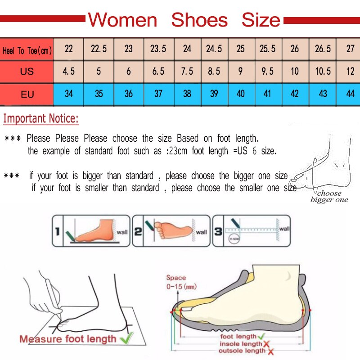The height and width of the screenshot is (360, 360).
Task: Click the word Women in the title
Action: point(122,20)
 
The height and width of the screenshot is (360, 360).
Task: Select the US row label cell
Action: point(27,72)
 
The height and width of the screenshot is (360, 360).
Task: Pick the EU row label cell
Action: point(27,94)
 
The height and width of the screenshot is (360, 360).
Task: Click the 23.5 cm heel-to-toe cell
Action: point(158,49)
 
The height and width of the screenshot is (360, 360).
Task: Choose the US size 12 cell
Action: point(350,72)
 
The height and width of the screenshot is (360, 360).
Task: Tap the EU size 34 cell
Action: point(69,94)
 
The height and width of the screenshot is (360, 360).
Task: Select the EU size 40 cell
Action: point(241,94)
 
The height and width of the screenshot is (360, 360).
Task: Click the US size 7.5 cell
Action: point(187,72)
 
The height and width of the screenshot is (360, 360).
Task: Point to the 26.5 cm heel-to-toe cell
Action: point(323,49)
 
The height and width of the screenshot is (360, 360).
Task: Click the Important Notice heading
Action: point(41,119)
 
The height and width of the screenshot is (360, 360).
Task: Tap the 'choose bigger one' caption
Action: point(329,197)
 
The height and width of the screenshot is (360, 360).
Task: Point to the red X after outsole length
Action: point(271,351)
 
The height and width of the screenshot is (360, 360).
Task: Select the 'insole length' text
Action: point(240,344)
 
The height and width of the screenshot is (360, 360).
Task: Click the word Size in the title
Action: point(261,20)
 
